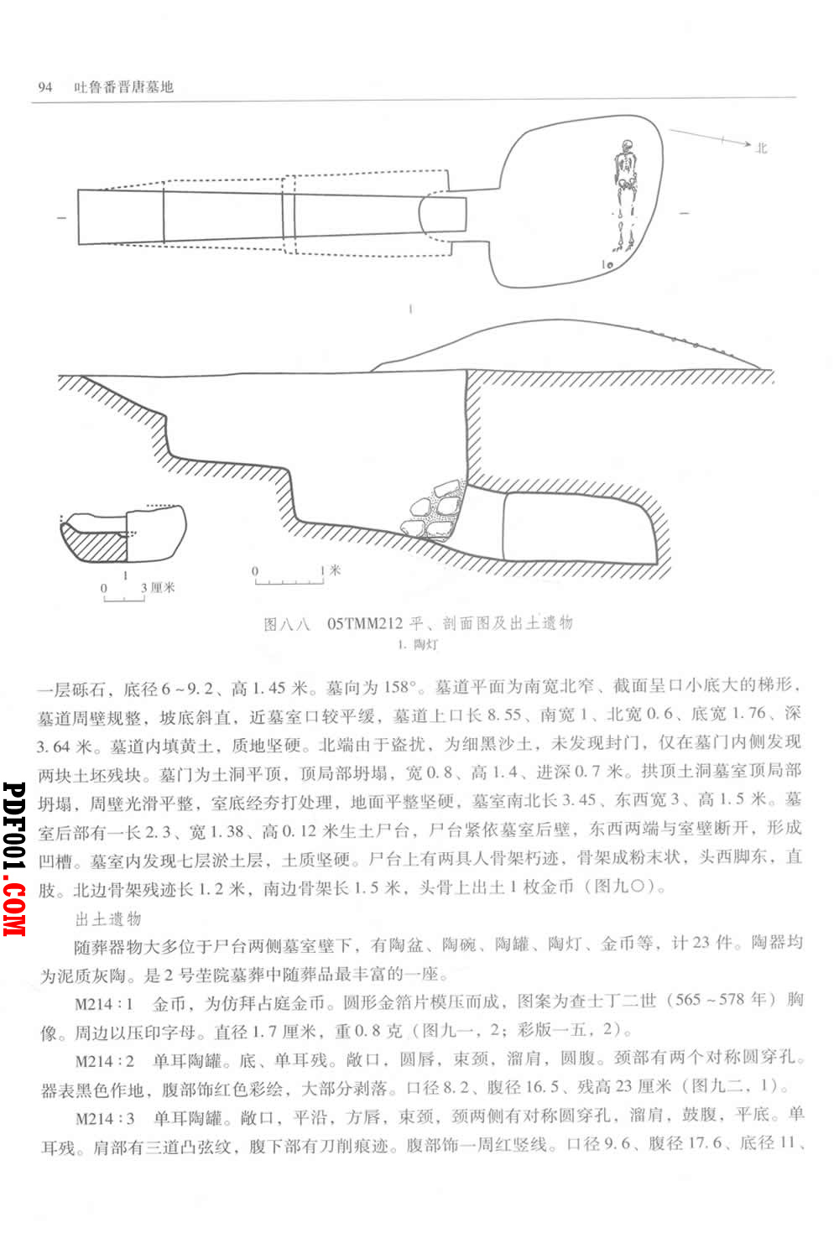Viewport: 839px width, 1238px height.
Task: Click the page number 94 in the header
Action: (x=44, y=86)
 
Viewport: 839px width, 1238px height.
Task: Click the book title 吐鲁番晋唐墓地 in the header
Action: (x=124, y=86)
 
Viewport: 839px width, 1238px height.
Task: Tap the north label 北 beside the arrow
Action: (x=762, y=148)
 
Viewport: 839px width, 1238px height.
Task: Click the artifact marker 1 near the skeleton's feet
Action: (x=603, y=265)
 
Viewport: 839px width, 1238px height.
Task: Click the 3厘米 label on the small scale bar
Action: (x=158, y=587)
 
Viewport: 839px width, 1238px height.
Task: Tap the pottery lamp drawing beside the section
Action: (x=123, y=534)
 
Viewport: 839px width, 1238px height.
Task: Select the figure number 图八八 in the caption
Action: (x=287, y=624)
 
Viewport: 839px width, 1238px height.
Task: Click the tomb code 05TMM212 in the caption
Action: (x=365, y=623)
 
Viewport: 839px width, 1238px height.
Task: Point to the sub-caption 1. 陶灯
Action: (x=418, y=644)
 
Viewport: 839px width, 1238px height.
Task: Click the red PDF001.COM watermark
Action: (x=14, y=859)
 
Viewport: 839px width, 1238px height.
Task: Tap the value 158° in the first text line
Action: (x=399, y=688)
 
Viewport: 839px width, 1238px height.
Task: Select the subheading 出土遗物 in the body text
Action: (x=108, y=918)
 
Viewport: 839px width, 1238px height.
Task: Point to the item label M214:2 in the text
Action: (x=105, y=1061)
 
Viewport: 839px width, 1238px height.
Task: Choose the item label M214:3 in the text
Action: (x=105, y=1119)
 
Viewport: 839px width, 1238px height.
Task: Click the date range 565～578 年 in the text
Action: (x=721, y=1000)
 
